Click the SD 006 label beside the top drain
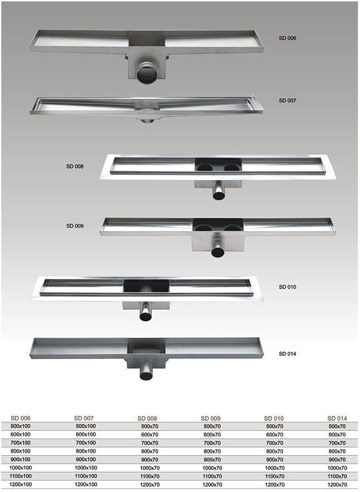pyautogui.click(x=287, y=38)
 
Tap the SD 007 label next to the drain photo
pyautogui.click(x=287, y=101)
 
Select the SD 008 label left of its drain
pyautogui.click(x=75, y=167)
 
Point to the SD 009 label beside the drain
pyautogui.click(x=75, y=226)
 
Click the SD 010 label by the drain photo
pyautogui.click(x=287, y=287)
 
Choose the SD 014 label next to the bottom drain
pyautogui.click(x=287, y=354)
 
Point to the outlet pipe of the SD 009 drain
pyautogui.click(x=218, y=249)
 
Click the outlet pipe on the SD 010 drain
pyautogui.click(x=146, y=313)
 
